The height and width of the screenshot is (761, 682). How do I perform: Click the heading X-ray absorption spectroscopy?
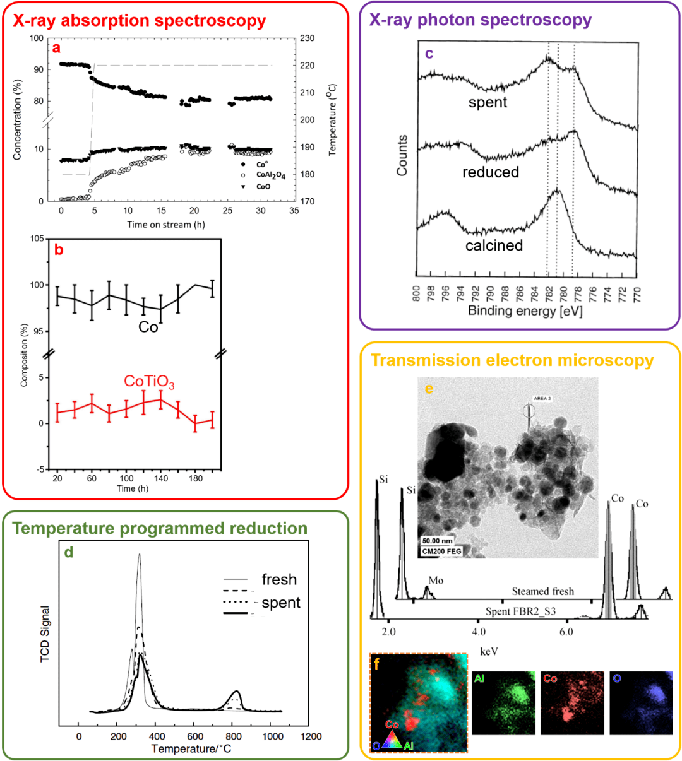tap(140, 21)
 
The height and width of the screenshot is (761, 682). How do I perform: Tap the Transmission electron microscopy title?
tap(512, 360)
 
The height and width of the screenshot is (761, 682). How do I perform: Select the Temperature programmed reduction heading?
tap(160, 528)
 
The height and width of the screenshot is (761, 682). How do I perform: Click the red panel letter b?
tap(59, 250)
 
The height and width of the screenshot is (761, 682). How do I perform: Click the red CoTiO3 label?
tap(149, 382)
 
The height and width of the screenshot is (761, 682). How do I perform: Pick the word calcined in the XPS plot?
tap(494, 245)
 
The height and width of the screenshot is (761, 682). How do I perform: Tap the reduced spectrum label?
tap(490, 172)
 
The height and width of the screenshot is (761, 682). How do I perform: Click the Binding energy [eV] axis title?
tap(525, 311)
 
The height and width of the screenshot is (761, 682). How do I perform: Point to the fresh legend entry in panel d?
tap(278, 579)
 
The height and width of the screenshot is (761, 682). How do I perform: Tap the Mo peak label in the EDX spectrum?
tap(436, 580)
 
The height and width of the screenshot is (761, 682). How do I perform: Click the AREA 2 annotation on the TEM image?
tap(542, 399)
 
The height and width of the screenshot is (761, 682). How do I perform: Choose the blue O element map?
tap(641, 703)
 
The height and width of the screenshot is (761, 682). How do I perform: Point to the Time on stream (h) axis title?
tap(165, 225)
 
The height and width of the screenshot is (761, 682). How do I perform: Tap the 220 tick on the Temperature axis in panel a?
tap(308, 66)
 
